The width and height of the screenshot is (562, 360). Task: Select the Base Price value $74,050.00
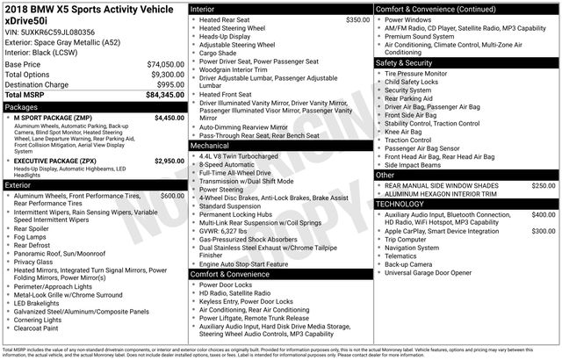pos(165,65)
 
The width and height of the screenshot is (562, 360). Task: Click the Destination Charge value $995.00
pos(168,84)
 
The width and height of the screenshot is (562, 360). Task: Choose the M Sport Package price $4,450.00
pos(169,116)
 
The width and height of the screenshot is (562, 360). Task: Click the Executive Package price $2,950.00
pos(169,162)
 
